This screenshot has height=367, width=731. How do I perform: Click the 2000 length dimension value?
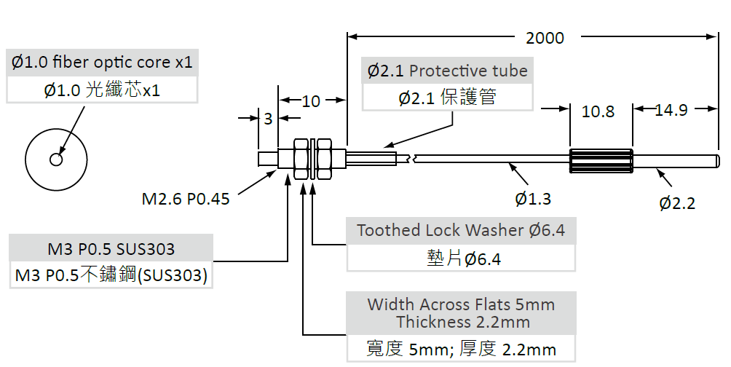pyautogui.click(x=545, y=38)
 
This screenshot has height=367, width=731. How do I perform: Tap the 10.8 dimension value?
pyautogui.click(x=598, y=111)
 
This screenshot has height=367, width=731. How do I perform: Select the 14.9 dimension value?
pyautogui.click(x=671, y=110)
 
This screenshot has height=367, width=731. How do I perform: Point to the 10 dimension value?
pyautogui.click(x=311, y=101)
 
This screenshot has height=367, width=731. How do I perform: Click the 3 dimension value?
pyautogui.click(x=268, y=118)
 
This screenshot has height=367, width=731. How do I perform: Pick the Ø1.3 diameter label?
pyautogui.click(x=533, y=198)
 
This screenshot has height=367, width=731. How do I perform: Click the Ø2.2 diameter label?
pyautogui.click(x=677, y=203)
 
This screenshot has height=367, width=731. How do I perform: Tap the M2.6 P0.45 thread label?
pyautogui.click(x=186, y=198)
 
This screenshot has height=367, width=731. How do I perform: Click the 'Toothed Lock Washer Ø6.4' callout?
pyautogui.click(x=461, y=231)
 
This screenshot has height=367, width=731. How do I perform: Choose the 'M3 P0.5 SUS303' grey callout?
pyautogui.click(x=111, y=249)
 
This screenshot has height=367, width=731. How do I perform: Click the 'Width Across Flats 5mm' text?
pyautogui.click(x=461, y=304)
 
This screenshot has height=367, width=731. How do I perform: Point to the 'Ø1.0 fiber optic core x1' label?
pyautogui.click(x=102, y=63)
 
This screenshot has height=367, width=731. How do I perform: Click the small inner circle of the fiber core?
pyautogui.click(x=56, y=159)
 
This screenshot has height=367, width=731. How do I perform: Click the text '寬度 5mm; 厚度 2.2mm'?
pyautogui.click(x=461, y=349)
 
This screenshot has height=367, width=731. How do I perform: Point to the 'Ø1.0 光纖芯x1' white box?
pyautogui.click(x=102, y=90)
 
